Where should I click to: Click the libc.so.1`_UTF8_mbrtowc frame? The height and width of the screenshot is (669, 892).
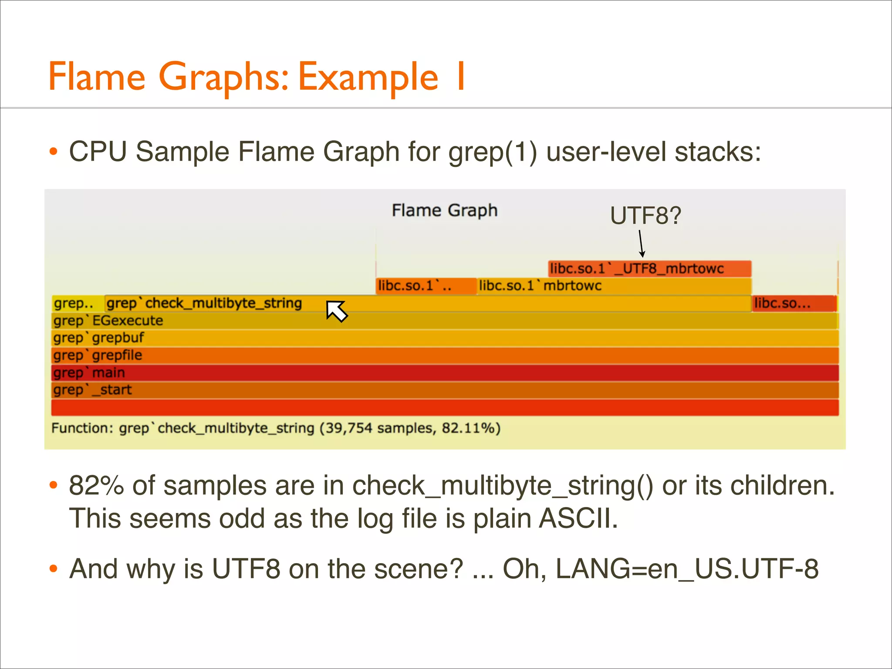point(649,269)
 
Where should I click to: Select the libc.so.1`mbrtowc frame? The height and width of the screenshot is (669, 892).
point(614,286)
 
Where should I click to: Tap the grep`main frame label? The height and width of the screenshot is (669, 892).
point(89,373)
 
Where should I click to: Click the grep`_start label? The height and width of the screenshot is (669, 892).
point(92,390)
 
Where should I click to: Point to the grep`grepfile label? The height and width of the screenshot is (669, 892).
point(98,355)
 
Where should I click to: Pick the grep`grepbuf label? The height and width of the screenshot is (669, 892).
point(99,338)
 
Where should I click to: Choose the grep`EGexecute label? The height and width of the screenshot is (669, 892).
point(108,321)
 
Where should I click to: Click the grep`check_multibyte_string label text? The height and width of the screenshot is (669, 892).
point(204,303)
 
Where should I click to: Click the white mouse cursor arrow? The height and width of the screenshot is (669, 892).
point(336,311)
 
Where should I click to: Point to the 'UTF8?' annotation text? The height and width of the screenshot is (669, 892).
point(645,216)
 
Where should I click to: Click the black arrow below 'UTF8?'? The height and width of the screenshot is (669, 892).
point(641,244)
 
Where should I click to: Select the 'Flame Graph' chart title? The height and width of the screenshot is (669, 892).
point(444,210)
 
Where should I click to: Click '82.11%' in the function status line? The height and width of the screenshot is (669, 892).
point(471,428)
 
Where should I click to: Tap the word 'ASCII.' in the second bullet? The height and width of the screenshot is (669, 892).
point(578,518)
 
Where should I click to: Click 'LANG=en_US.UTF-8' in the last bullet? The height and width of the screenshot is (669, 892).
point(687,568)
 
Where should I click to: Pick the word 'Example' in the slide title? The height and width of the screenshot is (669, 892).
point(368,77)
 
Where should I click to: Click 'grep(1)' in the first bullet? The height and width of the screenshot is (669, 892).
point(493,152)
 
